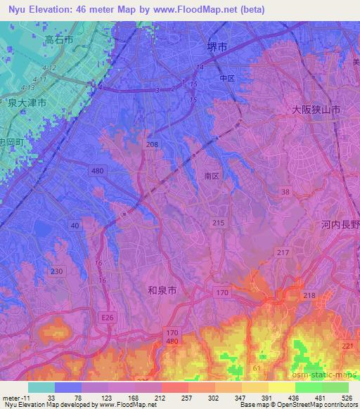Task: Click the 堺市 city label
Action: point(217,47)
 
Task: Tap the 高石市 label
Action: point(58,41)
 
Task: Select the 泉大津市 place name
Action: point(28,103)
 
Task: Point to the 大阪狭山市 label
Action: point(316,110)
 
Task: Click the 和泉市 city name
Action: point(163,289)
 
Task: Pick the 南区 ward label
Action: point(213,176)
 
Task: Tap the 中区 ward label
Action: point(226,78)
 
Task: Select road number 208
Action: point(152,144)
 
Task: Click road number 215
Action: point(219,223)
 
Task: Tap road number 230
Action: point(57,271)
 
